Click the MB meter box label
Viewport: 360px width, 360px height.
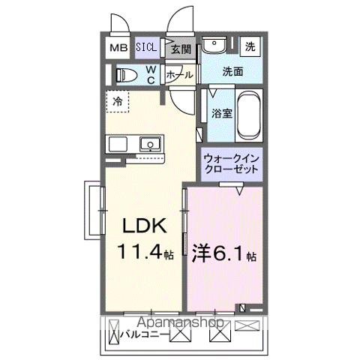(118, 48)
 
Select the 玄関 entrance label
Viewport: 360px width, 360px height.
(180, 49)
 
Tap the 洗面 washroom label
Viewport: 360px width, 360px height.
(233, 73)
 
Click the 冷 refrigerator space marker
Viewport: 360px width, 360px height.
(118, 100)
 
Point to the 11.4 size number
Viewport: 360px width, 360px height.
(142, 253)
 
